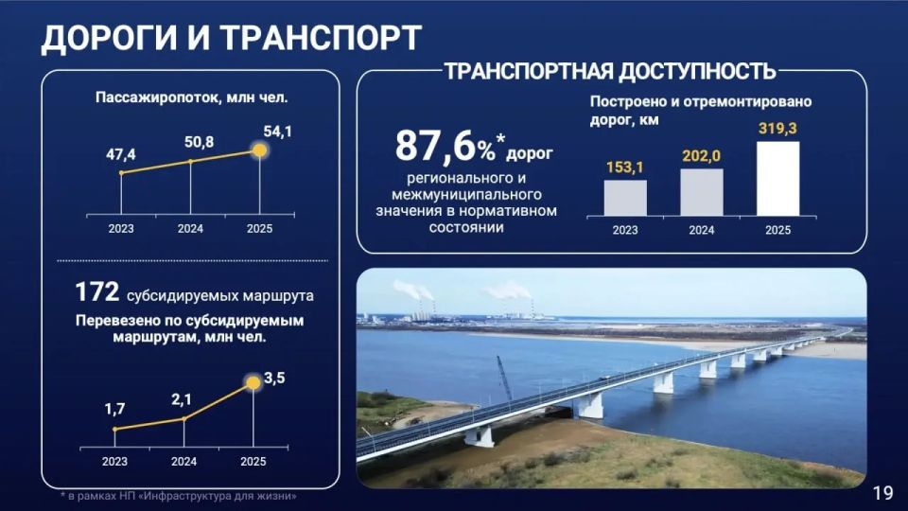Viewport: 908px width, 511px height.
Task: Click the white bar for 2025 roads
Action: click(777, 179)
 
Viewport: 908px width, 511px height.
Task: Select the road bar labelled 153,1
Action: click(625, 198)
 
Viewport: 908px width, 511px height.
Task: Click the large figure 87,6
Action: click(434, 147)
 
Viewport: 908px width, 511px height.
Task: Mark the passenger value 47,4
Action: click(121, 153)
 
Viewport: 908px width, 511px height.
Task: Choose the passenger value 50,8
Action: click(191, 142)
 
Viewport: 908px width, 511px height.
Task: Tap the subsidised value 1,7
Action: click(115, 411)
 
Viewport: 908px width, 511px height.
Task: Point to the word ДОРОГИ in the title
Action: click(107, 37)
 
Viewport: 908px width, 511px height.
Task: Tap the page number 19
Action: click(882, 493)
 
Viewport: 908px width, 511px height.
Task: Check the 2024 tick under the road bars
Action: click(701, 230)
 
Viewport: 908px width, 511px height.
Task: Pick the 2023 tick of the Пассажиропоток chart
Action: click(121, 228)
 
